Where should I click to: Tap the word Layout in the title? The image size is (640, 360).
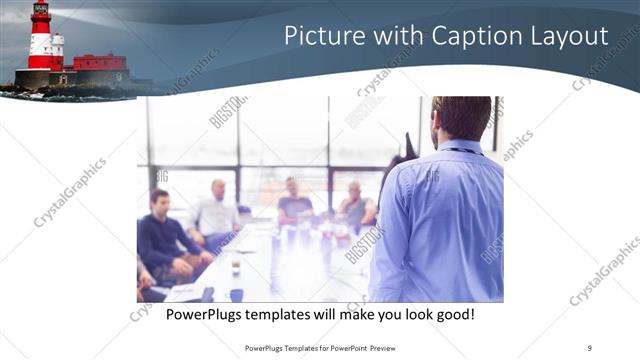coord(568,37)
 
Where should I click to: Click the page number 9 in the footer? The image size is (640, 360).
coord(590,347)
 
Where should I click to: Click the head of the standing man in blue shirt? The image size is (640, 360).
coord(463,118)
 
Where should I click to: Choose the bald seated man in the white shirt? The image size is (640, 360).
coord(217,210)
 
